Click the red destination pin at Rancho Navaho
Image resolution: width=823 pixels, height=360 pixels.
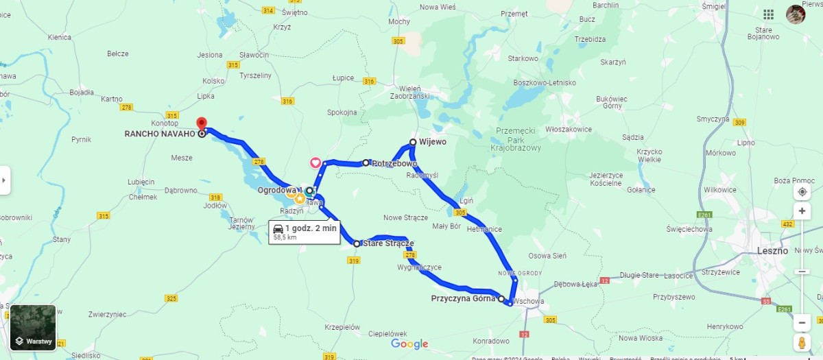pyautogui.click(x=202, y=123)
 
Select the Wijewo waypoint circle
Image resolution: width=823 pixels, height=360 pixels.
pyautogui.click(x=413, y=142)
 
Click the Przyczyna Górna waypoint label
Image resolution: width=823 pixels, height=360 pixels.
pyautogui.click(x=463, y=298)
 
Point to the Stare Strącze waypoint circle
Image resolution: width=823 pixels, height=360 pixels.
pyautogui.click(x=357, y=243)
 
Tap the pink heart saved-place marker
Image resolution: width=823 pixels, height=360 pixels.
pyautogui.click(x=315, y=163)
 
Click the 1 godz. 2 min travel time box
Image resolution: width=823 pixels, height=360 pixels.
pyautogui.click(x=305, y=232)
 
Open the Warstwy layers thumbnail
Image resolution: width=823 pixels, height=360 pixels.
pyautogui.click(x=33, y=328)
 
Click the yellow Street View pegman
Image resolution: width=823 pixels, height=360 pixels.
pyautogui.click(x=802, y=342)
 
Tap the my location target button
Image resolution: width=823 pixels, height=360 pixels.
pyautogui.click(x=802, y=191)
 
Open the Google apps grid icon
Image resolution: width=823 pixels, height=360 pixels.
pyautogui.click(x=769, y=14)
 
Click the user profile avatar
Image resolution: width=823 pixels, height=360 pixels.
pyautogui.click(x=796, y=14)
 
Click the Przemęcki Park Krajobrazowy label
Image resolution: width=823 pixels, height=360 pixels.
pyautogui.click(x=517, y=139)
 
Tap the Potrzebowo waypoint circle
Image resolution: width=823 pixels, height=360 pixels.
pyautogui.click(x=366, y=163)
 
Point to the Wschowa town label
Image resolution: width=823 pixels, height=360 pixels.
pyautogui.click(x=528, y=300)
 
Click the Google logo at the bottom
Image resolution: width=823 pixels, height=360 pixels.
pyautogui.click(x=409, y=344)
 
